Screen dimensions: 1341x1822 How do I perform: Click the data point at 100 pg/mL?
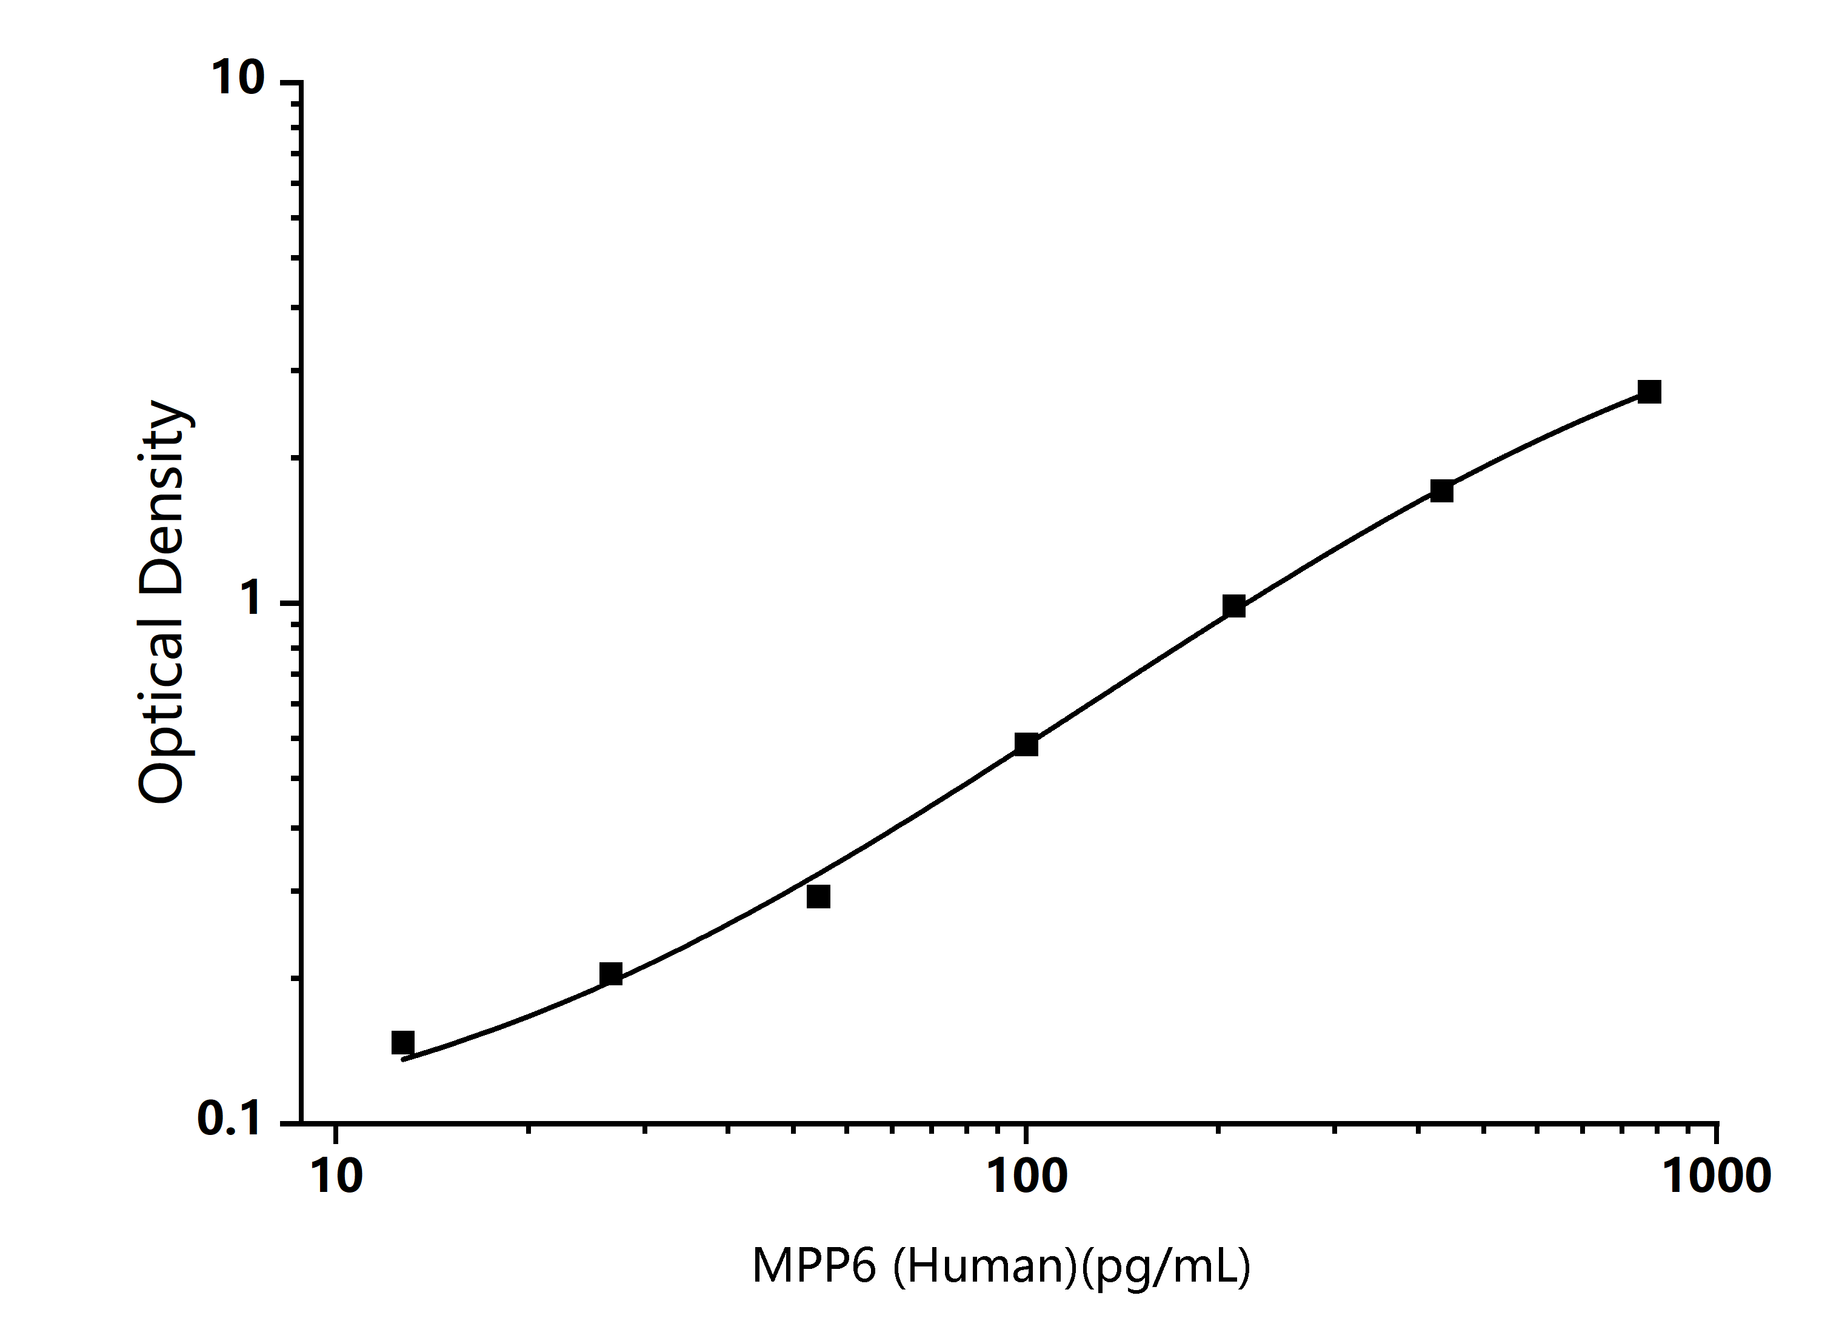click(x=1026, y=744)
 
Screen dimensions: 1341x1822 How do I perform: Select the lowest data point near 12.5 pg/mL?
click(x=402, y=1042)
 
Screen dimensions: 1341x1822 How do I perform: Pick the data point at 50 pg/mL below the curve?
click(x=818, y=897)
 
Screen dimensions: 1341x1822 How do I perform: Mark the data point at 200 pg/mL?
click(x=1234, y=605)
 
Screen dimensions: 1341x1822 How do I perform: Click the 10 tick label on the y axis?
click(x=238, y=79)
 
